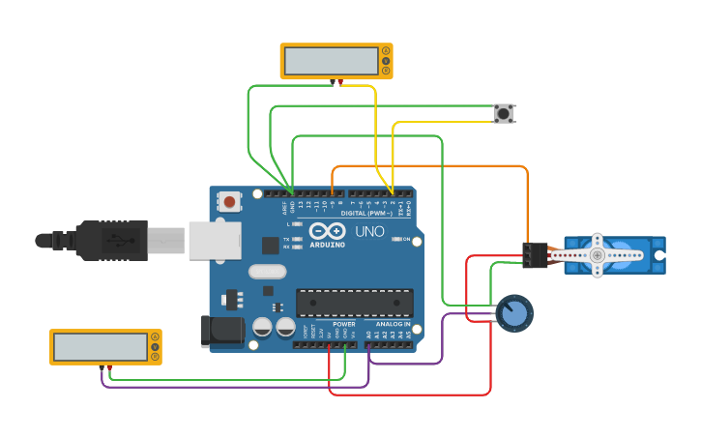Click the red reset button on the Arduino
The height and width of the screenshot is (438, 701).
click(229, 201)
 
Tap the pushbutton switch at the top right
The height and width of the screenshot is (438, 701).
click(503, 113)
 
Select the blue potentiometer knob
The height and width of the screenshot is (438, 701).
click(514, 313)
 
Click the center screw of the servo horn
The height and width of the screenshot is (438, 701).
click(598, 255)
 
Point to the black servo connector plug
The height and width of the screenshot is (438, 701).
click(534, 254)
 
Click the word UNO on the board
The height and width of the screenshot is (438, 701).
click(369, 232)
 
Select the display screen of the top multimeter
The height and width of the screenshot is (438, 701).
click(332, 61)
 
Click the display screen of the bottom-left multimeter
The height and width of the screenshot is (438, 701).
click(101, 347)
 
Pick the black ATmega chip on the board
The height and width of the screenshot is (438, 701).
click(354, 303)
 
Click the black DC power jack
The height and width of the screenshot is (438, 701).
click(221, 331)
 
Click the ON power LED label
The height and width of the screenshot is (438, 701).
click(405, 239)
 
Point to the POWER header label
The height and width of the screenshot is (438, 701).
click(343, 324)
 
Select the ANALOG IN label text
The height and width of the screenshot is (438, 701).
click(393, 324)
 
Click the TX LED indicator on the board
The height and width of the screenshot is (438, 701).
click(296, 238)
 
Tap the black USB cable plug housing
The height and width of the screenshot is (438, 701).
click(113, 241)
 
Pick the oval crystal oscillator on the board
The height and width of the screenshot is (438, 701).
click(267, 272)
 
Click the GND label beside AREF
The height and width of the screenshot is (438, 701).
click(293, 206)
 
